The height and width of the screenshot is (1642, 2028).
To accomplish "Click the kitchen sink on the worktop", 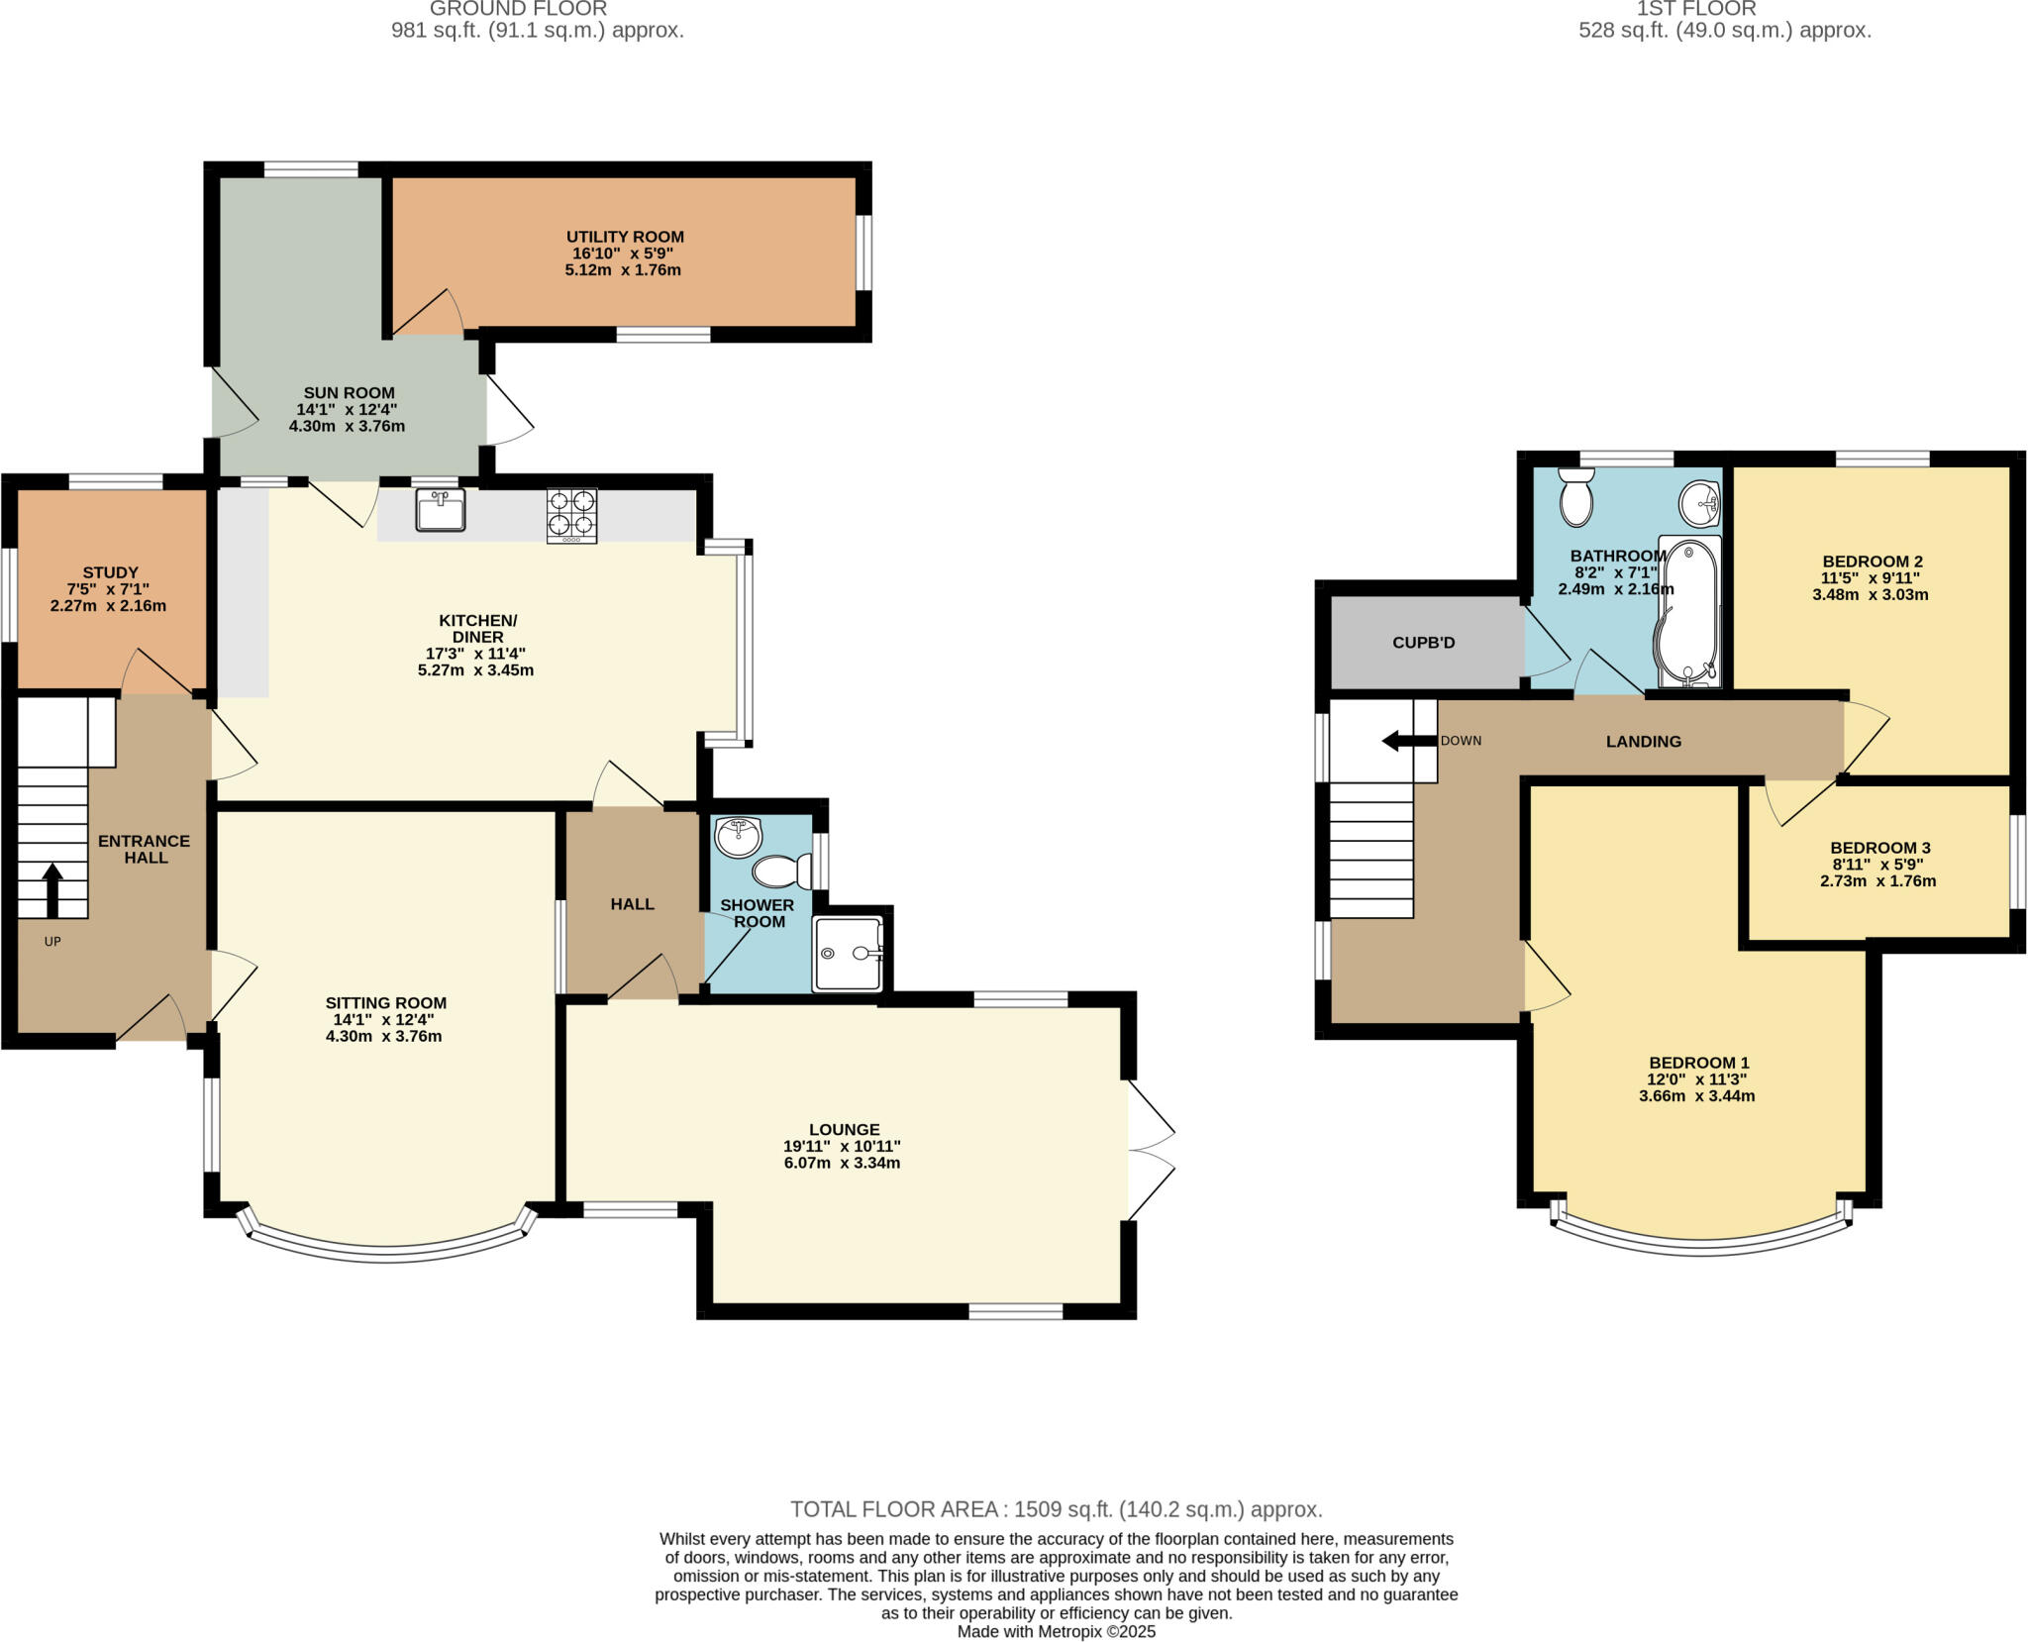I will coord(441,510).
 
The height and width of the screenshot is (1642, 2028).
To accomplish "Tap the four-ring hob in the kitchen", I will coord(571,515).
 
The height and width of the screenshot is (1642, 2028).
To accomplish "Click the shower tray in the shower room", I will coord(847,954).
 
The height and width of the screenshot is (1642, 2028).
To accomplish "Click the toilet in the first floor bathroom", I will coord(1575,498).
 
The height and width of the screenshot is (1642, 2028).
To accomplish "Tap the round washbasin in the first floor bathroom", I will coord(1700,504).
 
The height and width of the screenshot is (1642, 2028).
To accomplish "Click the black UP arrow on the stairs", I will coord(51,888).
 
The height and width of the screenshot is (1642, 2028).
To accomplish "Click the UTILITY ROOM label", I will coord(625,237).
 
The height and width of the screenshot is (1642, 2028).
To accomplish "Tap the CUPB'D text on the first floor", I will coord(1423,643).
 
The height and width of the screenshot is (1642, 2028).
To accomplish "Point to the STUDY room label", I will coord(110,572).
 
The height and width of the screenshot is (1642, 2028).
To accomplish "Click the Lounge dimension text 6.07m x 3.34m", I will coord(842,1163).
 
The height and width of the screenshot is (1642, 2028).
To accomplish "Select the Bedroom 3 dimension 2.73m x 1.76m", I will coord(1877,880).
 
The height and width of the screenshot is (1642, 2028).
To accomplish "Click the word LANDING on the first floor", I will coord(1643,741).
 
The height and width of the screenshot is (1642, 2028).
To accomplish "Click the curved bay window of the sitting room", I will coord(386,1253).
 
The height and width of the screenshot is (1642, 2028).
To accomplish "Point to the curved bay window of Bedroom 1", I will coord(1700,1247).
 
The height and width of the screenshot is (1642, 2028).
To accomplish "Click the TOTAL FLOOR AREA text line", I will coord(1056,1509).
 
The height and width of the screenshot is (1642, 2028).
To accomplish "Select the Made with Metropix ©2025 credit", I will coord(1056,1631).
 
